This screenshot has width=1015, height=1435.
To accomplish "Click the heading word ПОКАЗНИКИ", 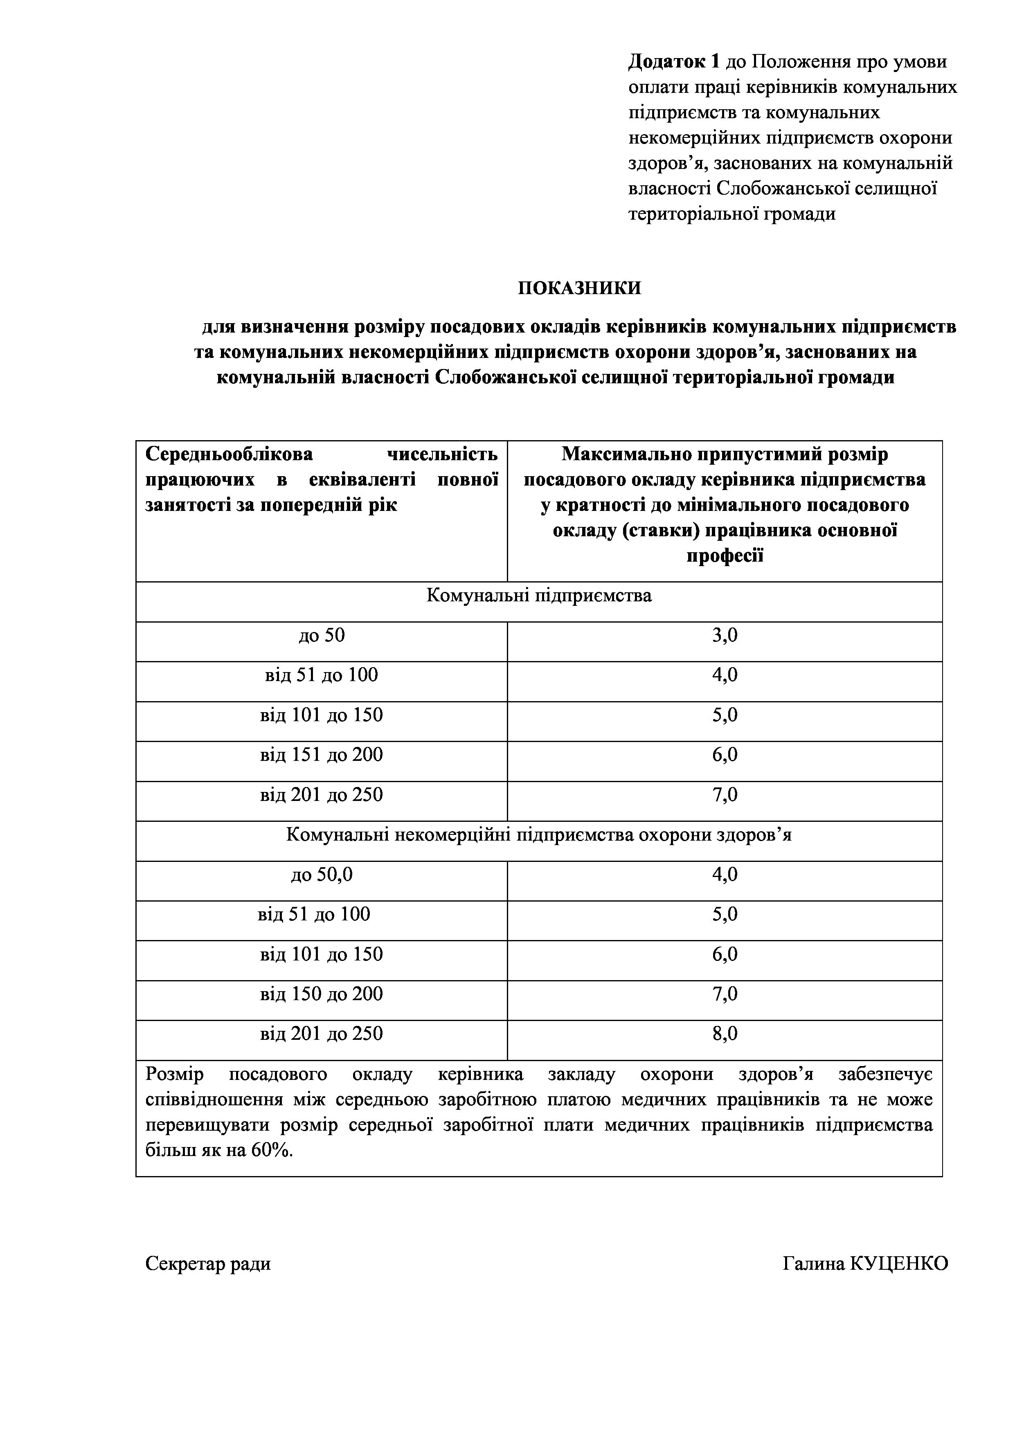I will (579, 288).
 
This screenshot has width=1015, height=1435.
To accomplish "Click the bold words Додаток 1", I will (674, 62).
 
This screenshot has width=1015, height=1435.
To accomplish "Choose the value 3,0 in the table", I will (725, 636).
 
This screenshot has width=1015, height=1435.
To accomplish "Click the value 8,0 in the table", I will (725, 1034).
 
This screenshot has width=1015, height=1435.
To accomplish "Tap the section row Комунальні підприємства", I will (539, 596).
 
